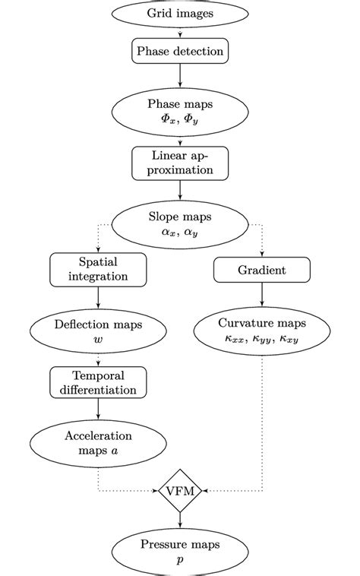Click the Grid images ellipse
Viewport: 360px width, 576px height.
coord(180,14)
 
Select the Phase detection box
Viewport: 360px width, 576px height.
coord(180,52)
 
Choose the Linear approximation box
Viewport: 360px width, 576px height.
coord(180,161)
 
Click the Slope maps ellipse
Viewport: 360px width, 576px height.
coord(180,223)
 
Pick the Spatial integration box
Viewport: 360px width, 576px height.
coord(98,270)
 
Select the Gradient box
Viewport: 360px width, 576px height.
coord(261,270)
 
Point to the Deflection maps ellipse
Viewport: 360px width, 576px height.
coord(98,332)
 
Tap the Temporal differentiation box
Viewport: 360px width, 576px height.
coord(98,382)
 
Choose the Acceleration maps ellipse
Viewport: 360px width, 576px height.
coord(98,443)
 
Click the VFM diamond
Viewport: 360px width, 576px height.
coord(180,491)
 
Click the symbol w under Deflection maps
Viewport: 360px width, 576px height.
coord(98,340)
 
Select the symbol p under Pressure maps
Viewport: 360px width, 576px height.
coord(180,559)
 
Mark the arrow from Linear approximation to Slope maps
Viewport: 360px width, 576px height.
coord(180,189)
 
